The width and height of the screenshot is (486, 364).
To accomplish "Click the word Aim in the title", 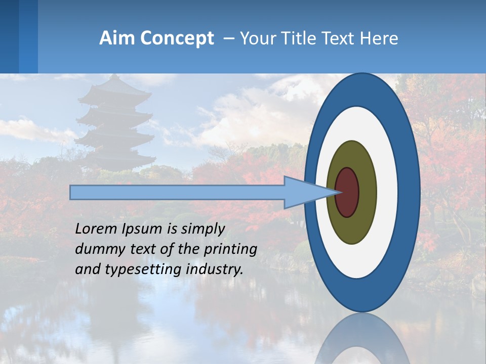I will pos(117,38).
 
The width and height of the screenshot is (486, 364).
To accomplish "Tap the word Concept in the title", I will pos(177,38).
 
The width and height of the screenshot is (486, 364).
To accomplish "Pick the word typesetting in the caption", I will pos(144,269).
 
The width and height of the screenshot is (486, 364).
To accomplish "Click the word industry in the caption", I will pos(215,269).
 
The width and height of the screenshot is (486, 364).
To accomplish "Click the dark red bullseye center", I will pos(347,192).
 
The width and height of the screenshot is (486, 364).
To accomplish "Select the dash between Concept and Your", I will pos(229,38).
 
